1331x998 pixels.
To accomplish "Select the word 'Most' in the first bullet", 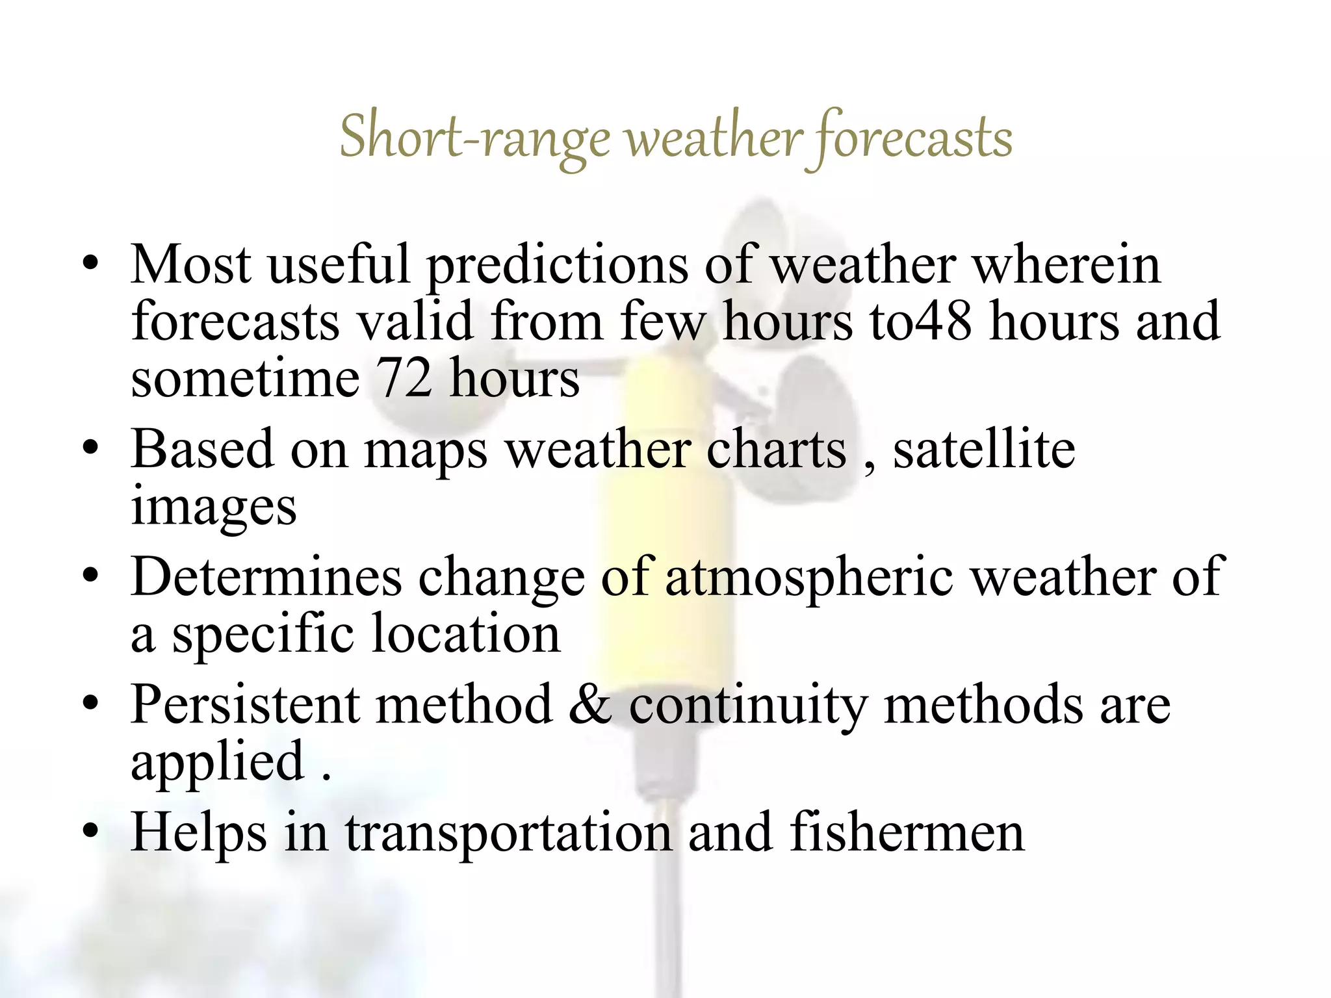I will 190,264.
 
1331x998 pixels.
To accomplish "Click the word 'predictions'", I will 557,266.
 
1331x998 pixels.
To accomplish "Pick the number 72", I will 404,378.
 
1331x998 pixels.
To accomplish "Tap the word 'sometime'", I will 245,378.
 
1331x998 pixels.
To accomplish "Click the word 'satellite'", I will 984,449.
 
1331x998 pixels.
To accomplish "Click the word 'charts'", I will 776,449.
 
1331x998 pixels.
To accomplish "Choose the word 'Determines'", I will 266,576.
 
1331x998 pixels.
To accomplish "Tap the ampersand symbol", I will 589,704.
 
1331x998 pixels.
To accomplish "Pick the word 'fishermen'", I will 907,832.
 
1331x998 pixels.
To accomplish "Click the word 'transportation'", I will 508,834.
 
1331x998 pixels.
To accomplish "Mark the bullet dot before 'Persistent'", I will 91,704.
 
